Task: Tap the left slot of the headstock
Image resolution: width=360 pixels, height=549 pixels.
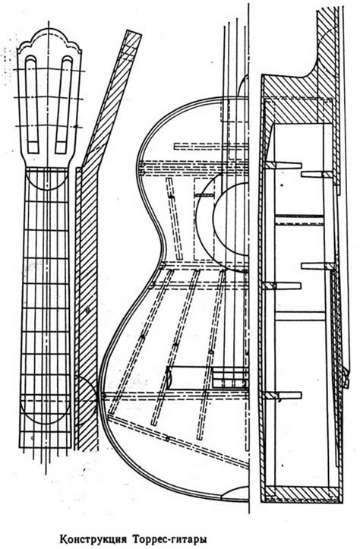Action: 32,104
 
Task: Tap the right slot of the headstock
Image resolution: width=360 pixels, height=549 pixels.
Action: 63,104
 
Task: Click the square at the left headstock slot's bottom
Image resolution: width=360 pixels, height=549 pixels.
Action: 33,147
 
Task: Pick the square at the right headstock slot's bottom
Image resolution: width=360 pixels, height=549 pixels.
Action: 61,147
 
